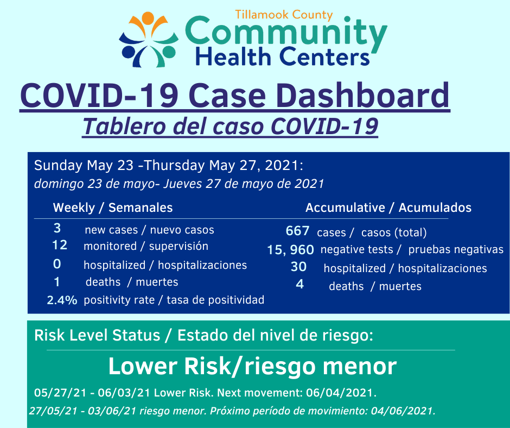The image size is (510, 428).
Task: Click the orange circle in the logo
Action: pos(148,17)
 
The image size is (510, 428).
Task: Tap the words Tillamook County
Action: pos(284,15)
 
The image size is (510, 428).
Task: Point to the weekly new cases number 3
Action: pos(58,228)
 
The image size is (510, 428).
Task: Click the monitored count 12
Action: pos(60,245)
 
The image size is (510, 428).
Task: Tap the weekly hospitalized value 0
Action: pos(57,264)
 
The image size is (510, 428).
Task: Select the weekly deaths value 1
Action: pos(57,282)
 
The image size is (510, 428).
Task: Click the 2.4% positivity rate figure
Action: pos(62,300)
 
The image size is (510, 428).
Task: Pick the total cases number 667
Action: pos(297,231)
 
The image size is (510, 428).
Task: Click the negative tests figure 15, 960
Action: pos(290,250)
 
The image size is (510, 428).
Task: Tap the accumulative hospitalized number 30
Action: pos(298,267)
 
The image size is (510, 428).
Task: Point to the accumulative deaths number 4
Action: pos(299,284)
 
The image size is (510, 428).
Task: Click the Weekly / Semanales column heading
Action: pos(113,207)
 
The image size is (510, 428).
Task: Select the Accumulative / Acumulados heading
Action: pos(388,207)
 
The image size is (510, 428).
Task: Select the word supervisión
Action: pos(178,246)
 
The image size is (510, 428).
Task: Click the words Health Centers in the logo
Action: pos(282,56)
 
